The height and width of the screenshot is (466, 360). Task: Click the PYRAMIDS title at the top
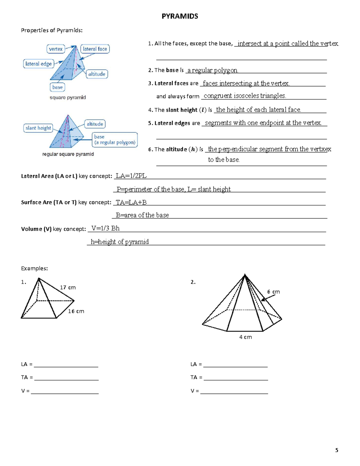tap(180, 16)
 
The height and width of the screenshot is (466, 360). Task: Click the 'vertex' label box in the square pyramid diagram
tap(56, 49)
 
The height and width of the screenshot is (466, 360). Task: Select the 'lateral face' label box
tap(95, 49)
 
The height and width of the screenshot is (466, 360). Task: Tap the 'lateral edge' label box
tap(38, 64)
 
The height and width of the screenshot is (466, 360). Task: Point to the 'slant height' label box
tap(38, 128)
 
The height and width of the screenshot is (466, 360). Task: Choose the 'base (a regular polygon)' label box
tap(115, 140)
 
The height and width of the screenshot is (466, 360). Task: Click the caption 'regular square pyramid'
tap(68, 154)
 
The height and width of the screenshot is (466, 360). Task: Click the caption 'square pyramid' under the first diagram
tap(68, 98)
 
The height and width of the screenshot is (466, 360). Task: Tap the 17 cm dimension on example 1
tap(68, 287)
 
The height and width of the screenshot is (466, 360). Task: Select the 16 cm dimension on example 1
tap(76, 311)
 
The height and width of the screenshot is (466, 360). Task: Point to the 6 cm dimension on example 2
tap(273, 292)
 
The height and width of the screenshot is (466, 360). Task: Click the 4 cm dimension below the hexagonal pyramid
tap(245, 337)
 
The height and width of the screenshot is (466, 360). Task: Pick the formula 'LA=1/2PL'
tap(131, 176)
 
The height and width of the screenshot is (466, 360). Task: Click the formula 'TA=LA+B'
tap(131, 202)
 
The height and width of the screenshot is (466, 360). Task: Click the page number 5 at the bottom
tap(337, 450)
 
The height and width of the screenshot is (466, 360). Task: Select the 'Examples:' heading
tap(34, 268)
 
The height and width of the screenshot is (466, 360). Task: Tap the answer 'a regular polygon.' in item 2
tap(213, 70)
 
